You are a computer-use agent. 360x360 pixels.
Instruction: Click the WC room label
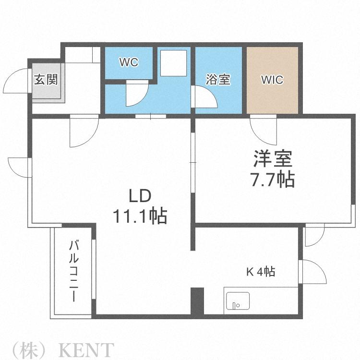129,62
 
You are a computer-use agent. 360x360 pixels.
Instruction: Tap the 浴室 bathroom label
218,79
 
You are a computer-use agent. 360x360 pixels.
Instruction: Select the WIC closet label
272,80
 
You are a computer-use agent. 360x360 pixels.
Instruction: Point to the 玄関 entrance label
46,79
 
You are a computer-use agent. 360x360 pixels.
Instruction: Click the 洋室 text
273,158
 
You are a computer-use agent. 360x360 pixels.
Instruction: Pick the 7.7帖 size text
273,180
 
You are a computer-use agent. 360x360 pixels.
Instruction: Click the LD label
140,196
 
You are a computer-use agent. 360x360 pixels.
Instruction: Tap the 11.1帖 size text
140,216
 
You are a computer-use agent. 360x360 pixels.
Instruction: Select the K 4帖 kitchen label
261,272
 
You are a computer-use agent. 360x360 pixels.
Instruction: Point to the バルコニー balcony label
74,271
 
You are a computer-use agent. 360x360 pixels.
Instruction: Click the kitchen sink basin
238,301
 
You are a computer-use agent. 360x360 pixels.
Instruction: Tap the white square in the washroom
174,63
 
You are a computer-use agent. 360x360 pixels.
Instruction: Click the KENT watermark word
86,349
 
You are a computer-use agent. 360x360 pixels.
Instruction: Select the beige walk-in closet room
272,80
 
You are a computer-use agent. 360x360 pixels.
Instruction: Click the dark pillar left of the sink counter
197,301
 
